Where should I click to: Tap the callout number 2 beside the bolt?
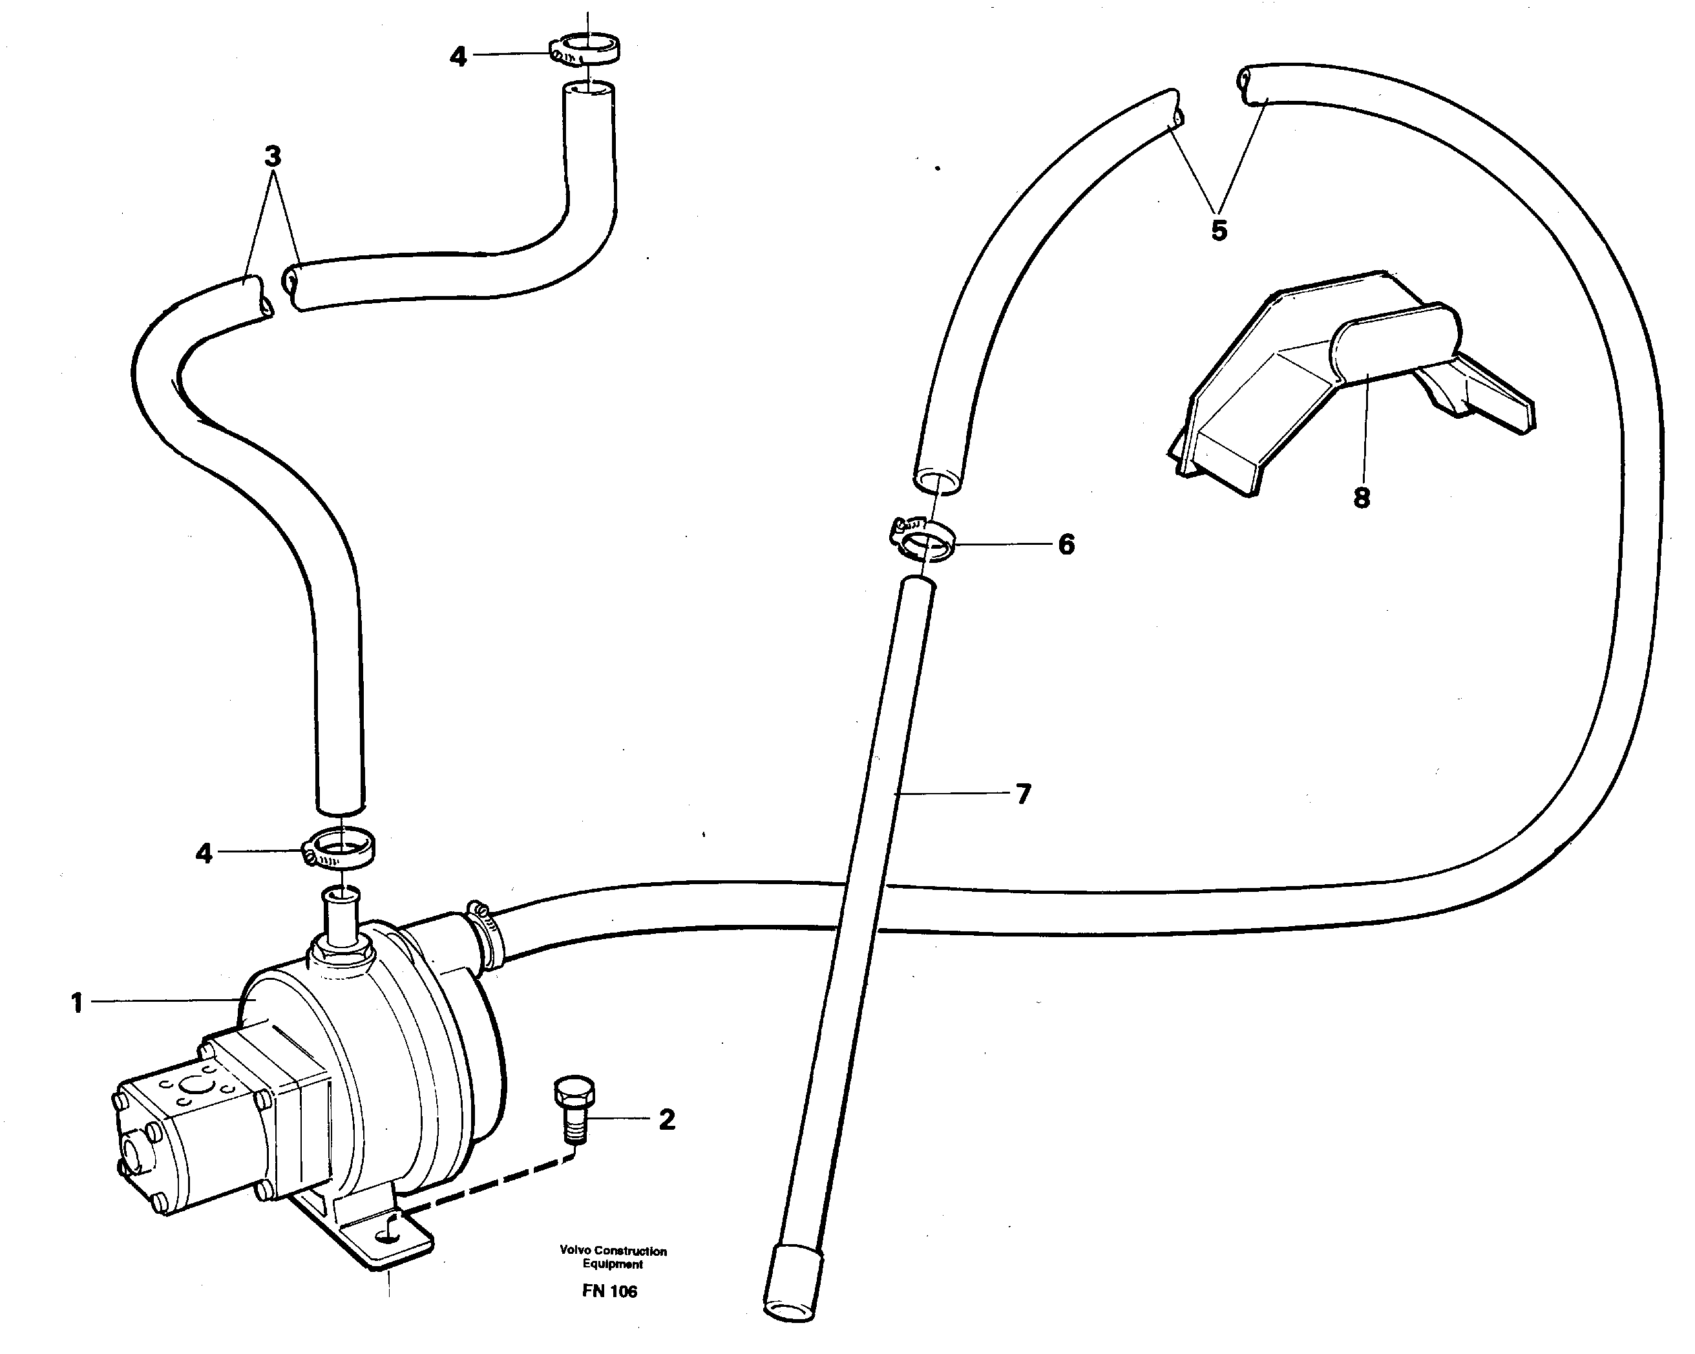pyautogui.click(x=667, y=1119)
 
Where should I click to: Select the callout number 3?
pyautogui.click(x=272, y=157)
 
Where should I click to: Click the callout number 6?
pyautogui.click(x=1066, y=544)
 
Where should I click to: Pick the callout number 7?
pyautogui.click(x=1022, y=794)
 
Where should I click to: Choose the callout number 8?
pyautogui.click(x=1362, y=497)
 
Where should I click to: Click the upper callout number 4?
pyautogui.click(x=458, y=57)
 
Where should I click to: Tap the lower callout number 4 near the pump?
pyautogui.click(x=204, y=853)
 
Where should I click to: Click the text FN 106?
pyautogui.click(x=609, y=1291)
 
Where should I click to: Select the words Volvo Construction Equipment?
pyautogui.click(x=613, y=1256)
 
